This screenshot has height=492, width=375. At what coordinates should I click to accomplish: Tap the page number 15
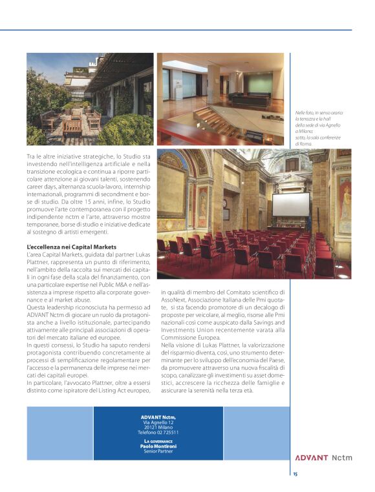(x=295, y=474)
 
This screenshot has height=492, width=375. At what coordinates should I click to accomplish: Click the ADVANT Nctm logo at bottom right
(x=323, y=458)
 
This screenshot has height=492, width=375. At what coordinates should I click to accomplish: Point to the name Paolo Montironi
(x=158, y=446)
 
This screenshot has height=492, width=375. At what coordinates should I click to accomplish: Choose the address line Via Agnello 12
(x=158, y=422)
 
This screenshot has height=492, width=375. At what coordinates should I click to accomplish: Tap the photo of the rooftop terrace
(x=90, y=99)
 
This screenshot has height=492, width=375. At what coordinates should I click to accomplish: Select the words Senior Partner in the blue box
(x=158, y=451)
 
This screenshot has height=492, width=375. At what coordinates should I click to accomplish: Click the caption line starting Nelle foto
(x=315, y=113)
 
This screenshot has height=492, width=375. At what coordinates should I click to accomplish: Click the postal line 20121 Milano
(x=158, y=427)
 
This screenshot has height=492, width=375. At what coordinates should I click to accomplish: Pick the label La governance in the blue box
(x=158, y=440)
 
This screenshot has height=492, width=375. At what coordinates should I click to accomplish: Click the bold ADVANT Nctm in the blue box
(x=158, y=416)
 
